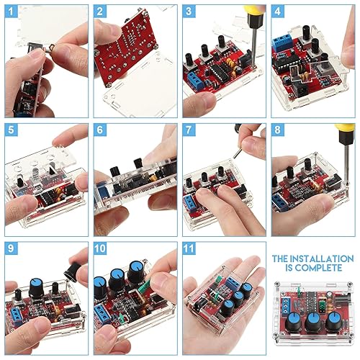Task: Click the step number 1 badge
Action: pos(12,12)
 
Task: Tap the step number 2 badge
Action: pos(101,12)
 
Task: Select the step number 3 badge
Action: pos(189,12)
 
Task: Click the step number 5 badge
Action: pos(12,131)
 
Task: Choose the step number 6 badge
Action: pos(101,131)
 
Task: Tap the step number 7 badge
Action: pos(189,131)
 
